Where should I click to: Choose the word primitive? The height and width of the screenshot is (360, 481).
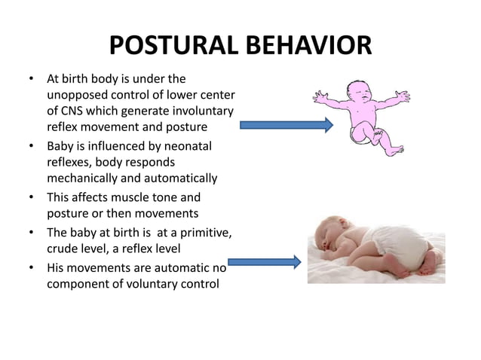[204, 234]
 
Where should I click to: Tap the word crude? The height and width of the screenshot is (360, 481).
[64, 250]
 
